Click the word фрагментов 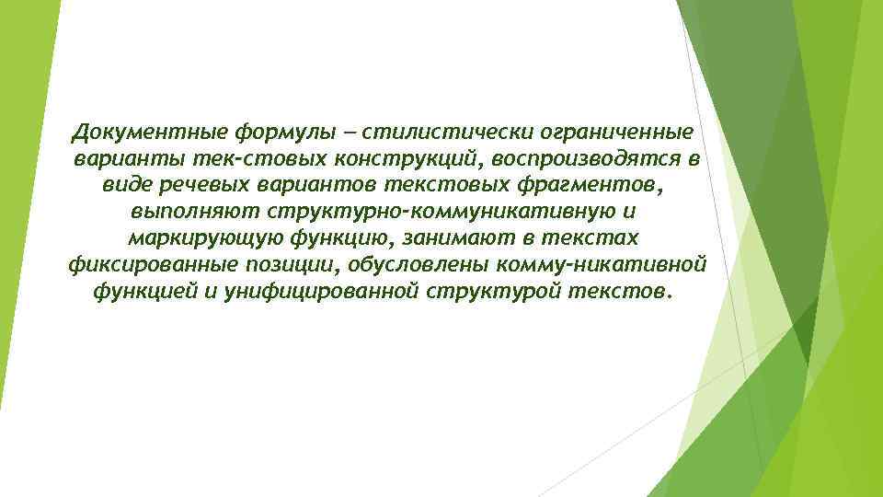(588, 185)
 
